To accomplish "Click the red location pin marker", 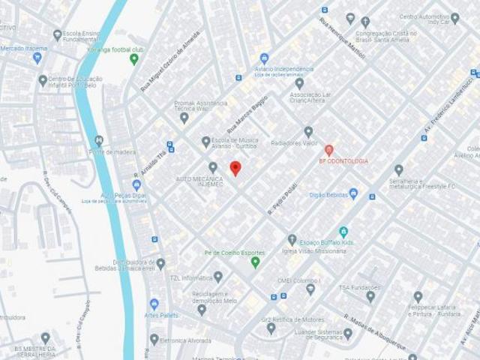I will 235,168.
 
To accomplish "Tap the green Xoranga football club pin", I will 134,58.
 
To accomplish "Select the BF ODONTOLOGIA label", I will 343,160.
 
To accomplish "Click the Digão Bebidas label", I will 328,194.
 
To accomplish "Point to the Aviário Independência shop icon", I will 264,58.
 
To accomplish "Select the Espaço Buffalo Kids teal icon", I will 343,232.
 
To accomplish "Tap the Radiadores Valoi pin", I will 308,132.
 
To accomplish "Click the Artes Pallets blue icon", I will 154,304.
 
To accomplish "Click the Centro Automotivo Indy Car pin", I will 454,18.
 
